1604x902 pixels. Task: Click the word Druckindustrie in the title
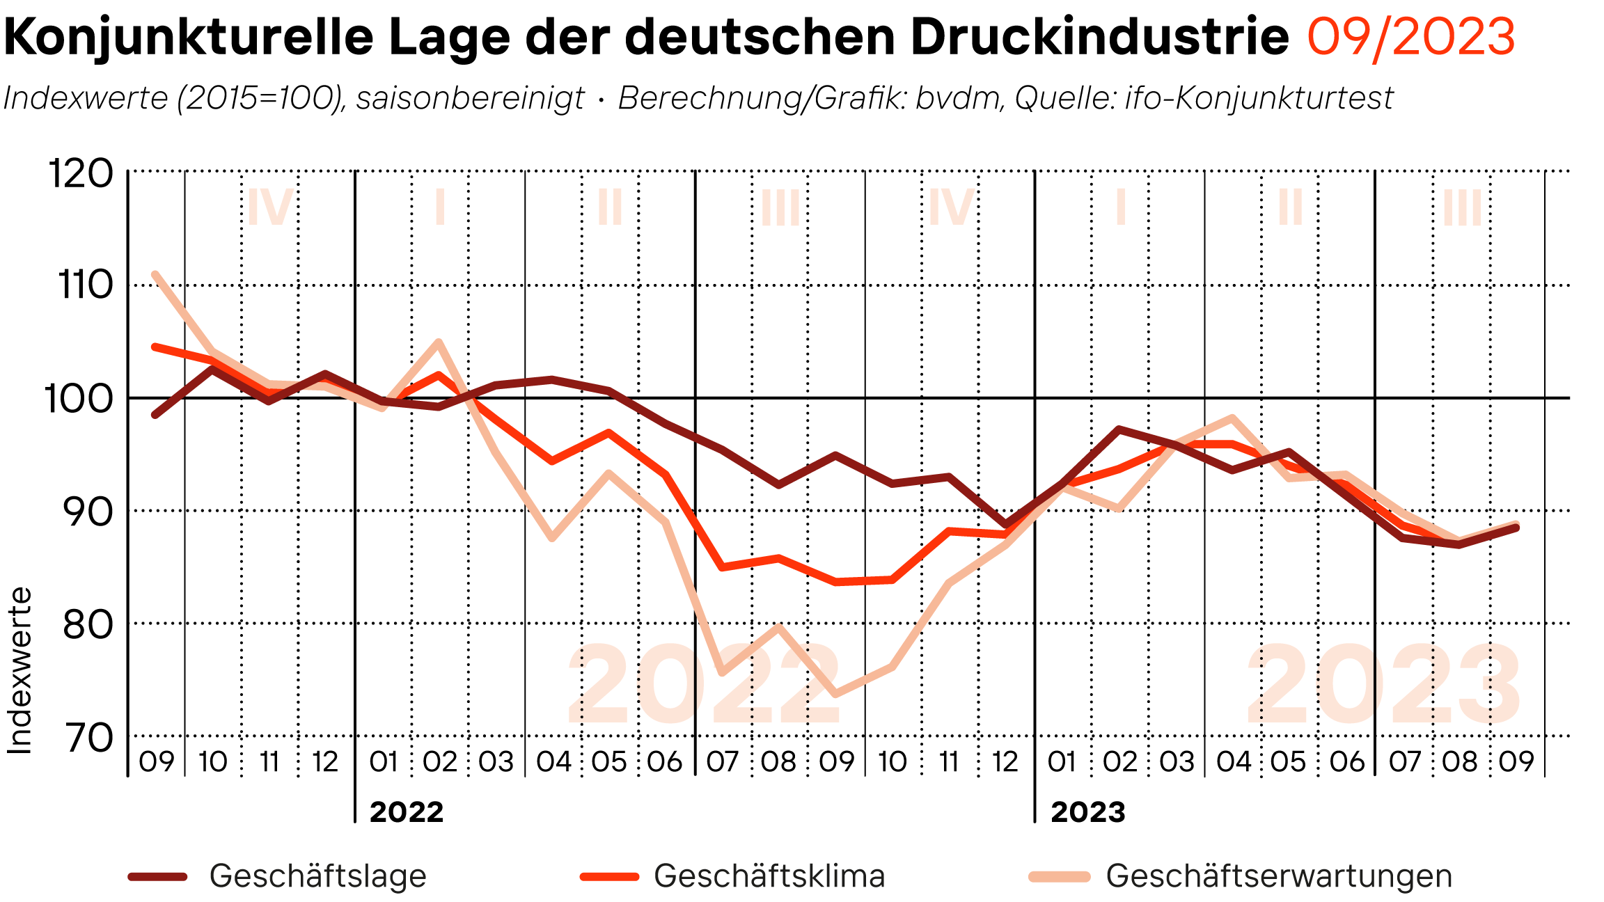tap(1099, 36)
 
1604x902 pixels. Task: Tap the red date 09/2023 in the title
tap(1410, 36)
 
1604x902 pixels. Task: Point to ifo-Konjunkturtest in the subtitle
tap(1259, 98)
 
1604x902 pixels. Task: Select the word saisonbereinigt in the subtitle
tap(470, 98)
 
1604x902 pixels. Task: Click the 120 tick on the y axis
tap(81, 173)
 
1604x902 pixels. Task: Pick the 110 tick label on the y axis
tap(84, 285)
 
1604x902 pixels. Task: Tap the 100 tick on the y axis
tap(79, 399)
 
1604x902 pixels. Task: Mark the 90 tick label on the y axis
tap(87, 512)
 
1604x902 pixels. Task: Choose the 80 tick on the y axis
tap(87, 625)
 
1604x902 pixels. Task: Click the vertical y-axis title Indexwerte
tap(19, 671)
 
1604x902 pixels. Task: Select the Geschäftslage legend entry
tap(317, 876)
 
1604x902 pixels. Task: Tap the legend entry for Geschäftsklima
tap(769, 876)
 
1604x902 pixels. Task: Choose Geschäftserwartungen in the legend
tap(1278, 876)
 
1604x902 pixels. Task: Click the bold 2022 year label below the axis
tap(407, 812)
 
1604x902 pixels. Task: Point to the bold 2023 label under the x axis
tap(1087, 812)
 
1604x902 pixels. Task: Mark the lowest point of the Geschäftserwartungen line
tap(835, 694)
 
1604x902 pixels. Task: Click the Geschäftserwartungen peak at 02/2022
tap(439, 342)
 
